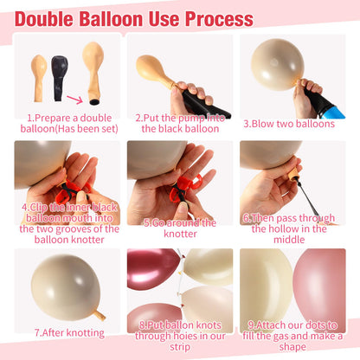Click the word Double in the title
click(44, 19)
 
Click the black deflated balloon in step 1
click(60, 78)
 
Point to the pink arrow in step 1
click(75, 100)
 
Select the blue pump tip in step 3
click(336, 112)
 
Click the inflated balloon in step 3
click(277, 65)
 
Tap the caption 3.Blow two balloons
click(289, 124)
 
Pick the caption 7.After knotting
click(69, 333)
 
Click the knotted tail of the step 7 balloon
click(100, 315)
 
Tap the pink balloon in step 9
click(320, 284)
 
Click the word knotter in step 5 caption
click(180, 234)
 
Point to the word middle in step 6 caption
click(289, 240)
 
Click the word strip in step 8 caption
click(180, 347)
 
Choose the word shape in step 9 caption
click(292, 347)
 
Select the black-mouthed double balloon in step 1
click(93, 73)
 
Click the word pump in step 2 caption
click(192, 118)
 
